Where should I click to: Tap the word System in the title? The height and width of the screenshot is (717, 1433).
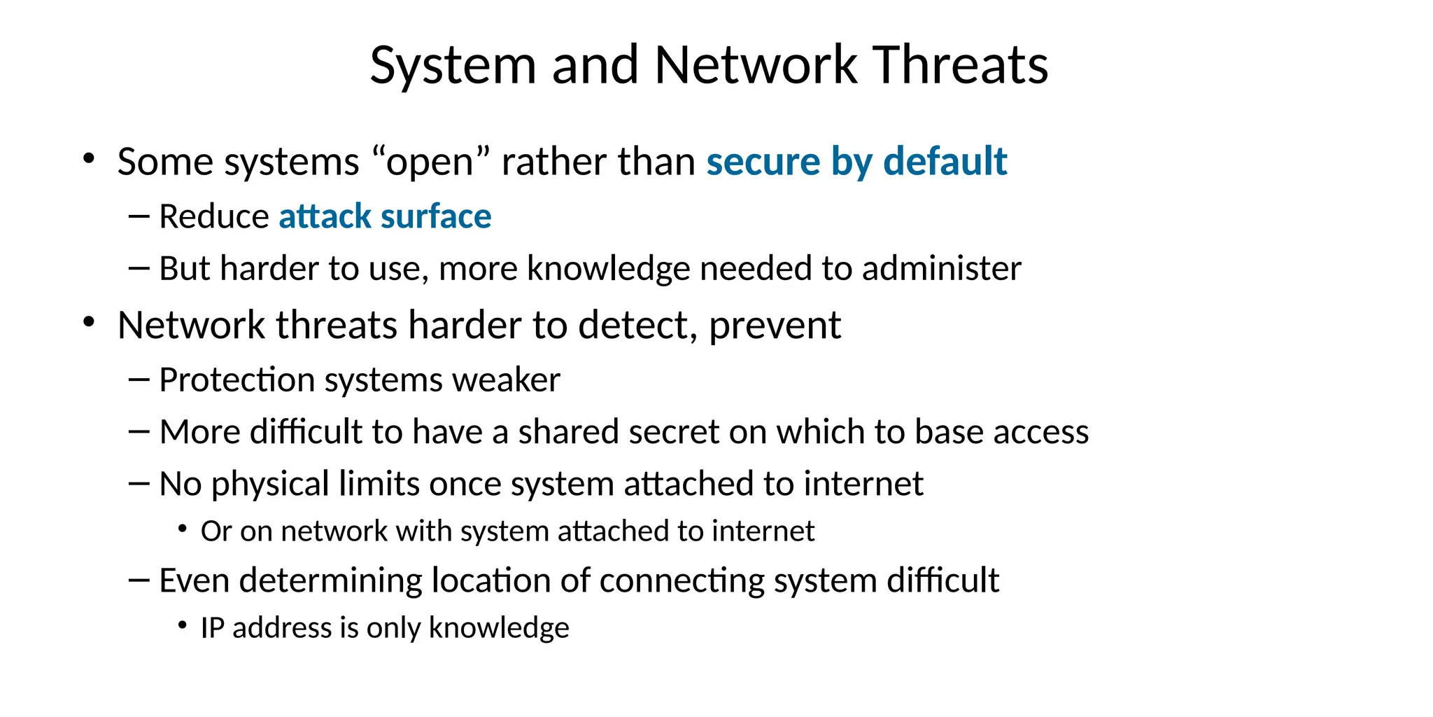453,65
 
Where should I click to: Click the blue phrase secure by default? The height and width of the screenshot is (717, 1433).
856,161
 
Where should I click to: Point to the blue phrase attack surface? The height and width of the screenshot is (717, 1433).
385,216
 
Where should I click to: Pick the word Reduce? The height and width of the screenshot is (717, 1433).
213,216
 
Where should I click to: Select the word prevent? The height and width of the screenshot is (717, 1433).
775,326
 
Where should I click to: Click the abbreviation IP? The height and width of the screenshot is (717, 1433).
211,628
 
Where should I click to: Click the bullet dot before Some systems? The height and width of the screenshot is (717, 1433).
88,159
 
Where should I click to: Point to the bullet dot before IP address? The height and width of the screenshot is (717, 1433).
183,625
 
